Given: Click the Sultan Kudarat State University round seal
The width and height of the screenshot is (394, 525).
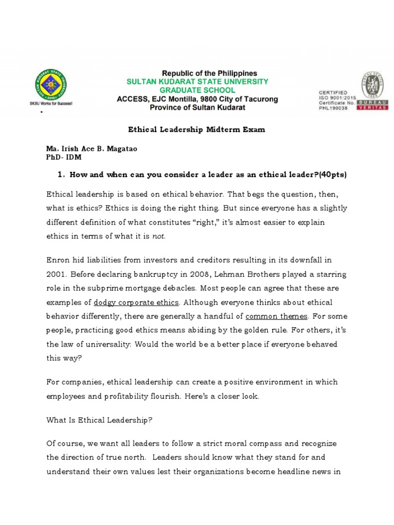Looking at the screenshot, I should point(51,84).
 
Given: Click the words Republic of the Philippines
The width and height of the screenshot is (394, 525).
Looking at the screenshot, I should point(210,73).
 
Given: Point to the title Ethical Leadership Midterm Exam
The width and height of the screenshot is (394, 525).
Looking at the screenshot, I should point(196,130).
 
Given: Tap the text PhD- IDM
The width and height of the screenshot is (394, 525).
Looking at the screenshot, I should point(64,157).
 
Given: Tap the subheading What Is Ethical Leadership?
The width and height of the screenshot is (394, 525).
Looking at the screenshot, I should point(100,420).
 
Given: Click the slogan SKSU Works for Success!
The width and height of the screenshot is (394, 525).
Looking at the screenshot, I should point(51,103).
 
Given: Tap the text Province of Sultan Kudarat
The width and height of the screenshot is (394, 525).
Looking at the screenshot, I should point(198,108).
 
